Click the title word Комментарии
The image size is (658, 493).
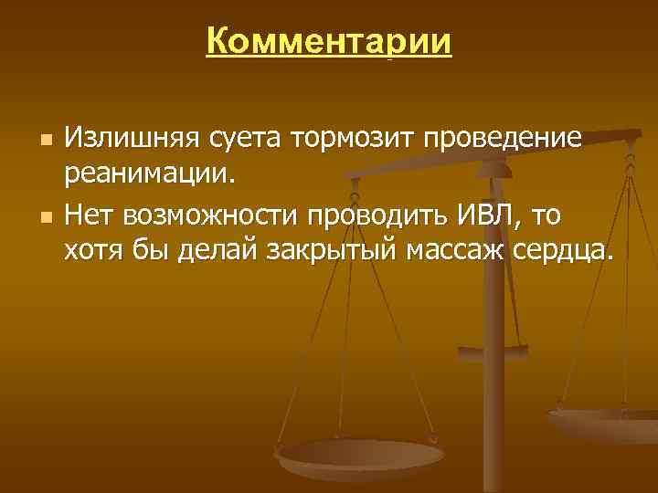point(329,42)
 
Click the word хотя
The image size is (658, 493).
point(91,250)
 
